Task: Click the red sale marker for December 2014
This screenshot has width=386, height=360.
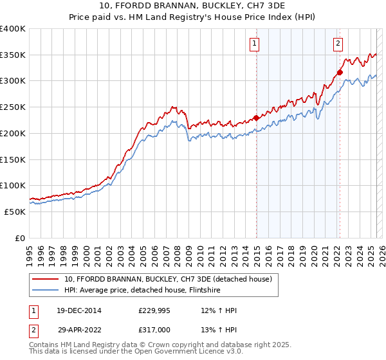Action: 256,118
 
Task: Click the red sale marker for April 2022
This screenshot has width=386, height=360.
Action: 340,72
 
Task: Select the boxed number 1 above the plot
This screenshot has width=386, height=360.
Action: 255,44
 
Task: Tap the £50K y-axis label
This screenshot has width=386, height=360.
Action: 15,212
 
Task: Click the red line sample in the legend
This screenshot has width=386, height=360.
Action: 46,279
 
